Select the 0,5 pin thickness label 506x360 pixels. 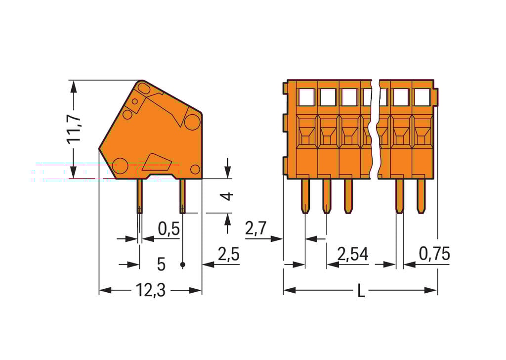[x=168, y=229]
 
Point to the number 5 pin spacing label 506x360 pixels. [x=161, y=265]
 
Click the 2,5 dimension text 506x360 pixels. [x=228, y=255]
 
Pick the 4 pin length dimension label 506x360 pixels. [x=227, y=196]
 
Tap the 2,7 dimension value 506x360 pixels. [x=255, y=229]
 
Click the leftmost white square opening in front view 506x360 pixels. [x=306, y=97]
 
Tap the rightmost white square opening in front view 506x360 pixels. [x=422, y=97]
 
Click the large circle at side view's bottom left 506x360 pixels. [x=120, y=165]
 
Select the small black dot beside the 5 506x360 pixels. [x=183, y=265]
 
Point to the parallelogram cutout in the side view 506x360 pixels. [x=158, y=161]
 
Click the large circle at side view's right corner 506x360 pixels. [x=192, y=122]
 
